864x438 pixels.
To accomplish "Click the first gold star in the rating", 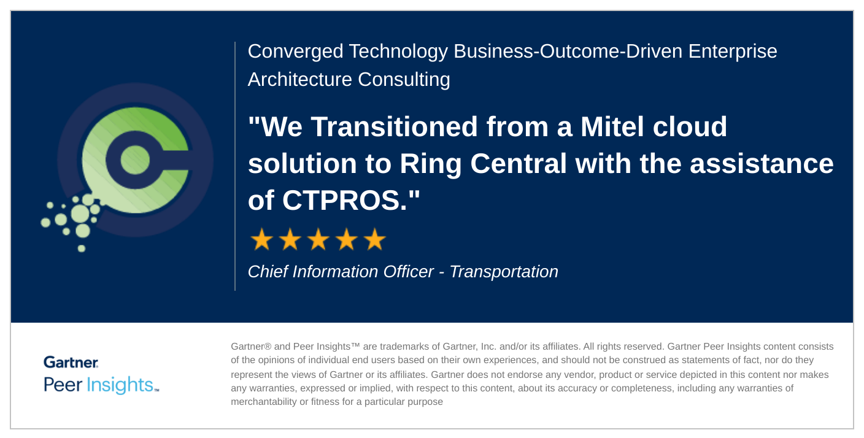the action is point(262,239).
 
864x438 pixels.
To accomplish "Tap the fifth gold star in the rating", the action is point(375,239).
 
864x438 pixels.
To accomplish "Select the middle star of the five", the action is point(318,239).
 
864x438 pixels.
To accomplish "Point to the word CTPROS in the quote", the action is point(344,201).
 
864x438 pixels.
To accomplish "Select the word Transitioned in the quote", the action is point(394,126).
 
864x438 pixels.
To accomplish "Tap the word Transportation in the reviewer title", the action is point(504,272).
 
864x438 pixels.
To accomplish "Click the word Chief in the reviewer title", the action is point(268,271).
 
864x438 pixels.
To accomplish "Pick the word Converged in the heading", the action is point(295,52).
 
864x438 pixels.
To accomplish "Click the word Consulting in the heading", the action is point(404,80).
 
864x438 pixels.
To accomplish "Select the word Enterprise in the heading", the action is point(733,52).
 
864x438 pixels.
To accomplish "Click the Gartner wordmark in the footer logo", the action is point(71,363).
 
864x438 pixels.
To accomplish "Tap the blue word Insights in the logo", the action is point(120,385).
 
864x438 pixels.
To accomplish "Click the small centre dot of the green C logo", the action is point(135,159).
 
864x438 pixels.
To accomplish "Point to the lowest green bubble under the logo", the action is point(82,248).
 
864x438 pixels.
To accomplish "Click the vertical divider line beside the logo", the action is point(235,166).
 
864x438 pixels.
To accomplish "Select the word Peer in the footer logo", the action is point(63,385).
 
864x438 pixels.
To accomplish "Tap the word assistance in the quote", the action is point(762,164).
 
